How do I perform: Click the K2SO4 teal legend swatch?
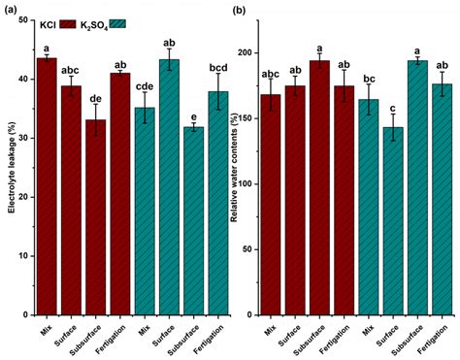point(148,23)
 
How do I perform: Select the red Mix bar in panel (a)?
point(46,184)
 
